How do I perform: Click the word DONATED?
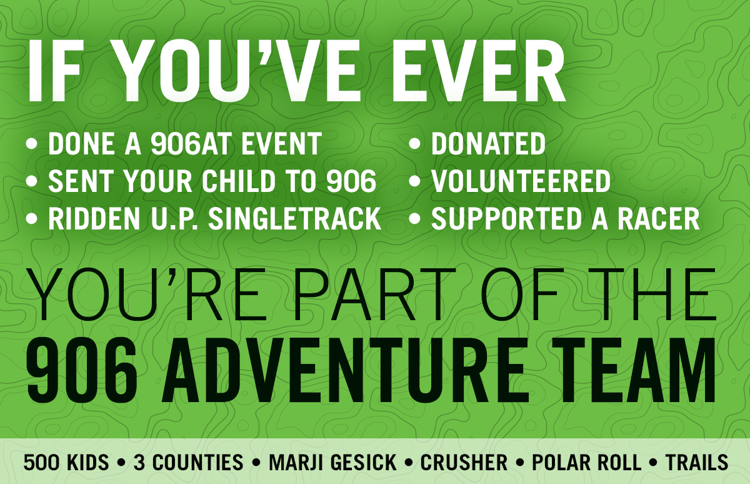pyautogui.click(x=489, y=144)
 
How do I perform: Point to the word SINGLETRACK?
pyautogui.click(x=295, y=218)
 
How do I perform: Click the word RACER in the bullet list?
pyautogui.click(x=659, y=218)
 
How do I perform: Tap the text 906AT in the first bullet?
pyautogui.click(x=191, y=144)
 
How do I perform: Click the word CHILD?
pyautogui.click(x=238, y=181)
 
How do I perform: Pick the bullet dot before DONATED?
pyautogui.click(x=414, y=144)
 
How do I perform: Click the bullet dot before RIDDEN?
pyautogui.click(x=31, y=219)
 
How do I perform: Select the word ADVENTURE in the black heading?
pyautogui.click(x=345, y=370)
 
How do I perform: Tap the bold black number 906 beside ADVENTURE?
pyautogui.click(x=82, y=370)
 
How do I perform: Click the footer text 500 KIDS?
pyautogui.click(x=66, y=462)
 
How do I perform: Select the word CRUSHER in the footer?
pyautogui.click(x=464, y=462)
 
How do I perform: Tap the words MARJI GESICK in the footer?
pyautogui.click(x=332, y=462)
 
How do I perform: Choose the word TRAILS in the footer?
pyautogui.click(x=697, y=462)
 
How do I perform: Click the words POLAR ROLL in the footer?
pyautogui.click(x=587, y=462)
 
